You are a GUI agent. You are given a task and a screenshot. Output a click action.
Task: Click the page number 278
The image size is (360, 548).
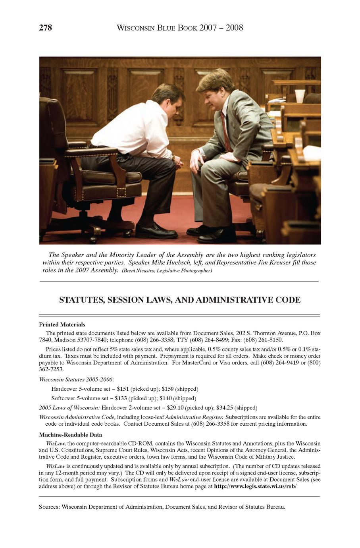45,28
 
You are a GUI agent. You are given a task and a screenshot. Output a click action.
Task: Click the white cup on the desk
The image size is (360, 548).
300,96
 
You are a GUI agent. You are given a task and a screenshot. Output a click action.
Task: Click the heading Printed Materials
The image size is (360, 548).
62,324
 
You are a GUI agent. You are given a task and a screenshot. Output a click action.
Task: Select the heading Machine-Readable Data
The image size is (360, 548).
70,435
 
